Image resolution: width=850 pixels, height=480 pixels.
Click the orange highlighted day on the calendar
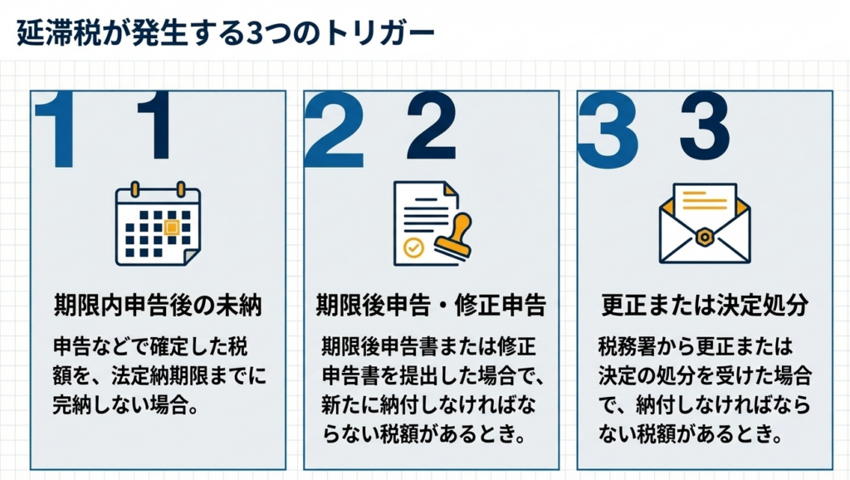[x=172, y=227]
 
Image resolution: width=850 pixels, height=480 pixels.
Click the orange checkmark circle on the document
[x=412, y=247]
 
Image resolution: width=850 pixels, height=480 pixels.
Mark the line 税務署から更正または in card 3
[x=696, y=345]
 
